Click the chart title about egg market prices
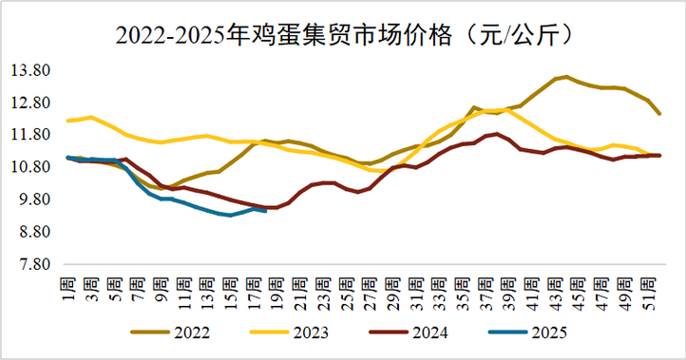pos(343,35)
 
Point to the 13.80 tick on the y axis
pos(32,71)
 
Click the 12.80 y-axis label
pos(32,103)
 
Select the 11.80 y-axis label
pos(32,135)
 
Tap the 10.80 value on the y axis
pos(32,167)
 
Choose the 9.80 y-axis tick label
pos(32,199)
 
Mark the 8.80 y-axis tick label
pos(32,232)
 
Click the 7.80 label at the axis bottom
pos(32,264)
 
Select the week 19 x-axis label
pos(276,287)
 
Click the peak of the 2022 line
pos(566,77)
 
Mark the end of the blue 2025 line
pos(265,211)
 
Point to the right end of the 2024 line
pos(659,155)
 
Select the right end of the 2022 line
pos(659,113)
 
